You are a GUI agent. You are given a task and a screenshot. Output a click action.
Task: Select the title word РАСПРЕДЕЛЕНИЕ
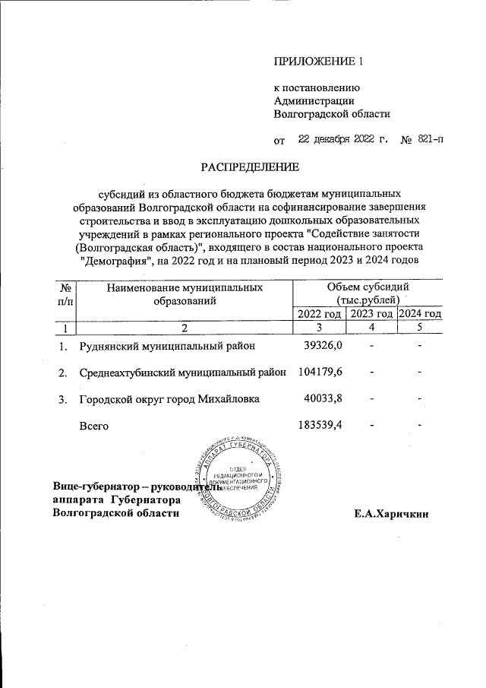[250, 166]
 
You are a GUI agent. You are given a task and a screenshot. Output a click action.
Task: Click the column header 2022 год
[319, 314]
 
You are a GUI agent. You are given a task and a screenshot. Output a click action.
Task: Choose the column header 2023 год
[371, 314]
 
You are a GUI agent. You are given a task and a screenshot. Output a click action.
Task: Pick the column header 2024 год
[420, 314]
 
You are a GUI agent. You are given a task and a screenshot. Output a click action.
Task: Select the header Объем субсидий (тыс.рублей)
[368, 293]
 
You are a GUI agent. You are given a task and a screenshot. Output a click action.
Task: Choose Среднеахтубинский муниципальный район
[182, 373]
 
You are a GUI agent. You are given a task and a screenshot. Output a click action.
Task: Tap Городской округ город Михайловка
[169, 399]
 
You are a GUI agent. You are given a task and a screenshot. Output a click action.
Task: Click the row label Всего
[94, 426]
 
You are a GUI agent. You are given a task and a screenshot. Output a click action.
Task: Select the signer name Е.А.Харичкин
[391, 514]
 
